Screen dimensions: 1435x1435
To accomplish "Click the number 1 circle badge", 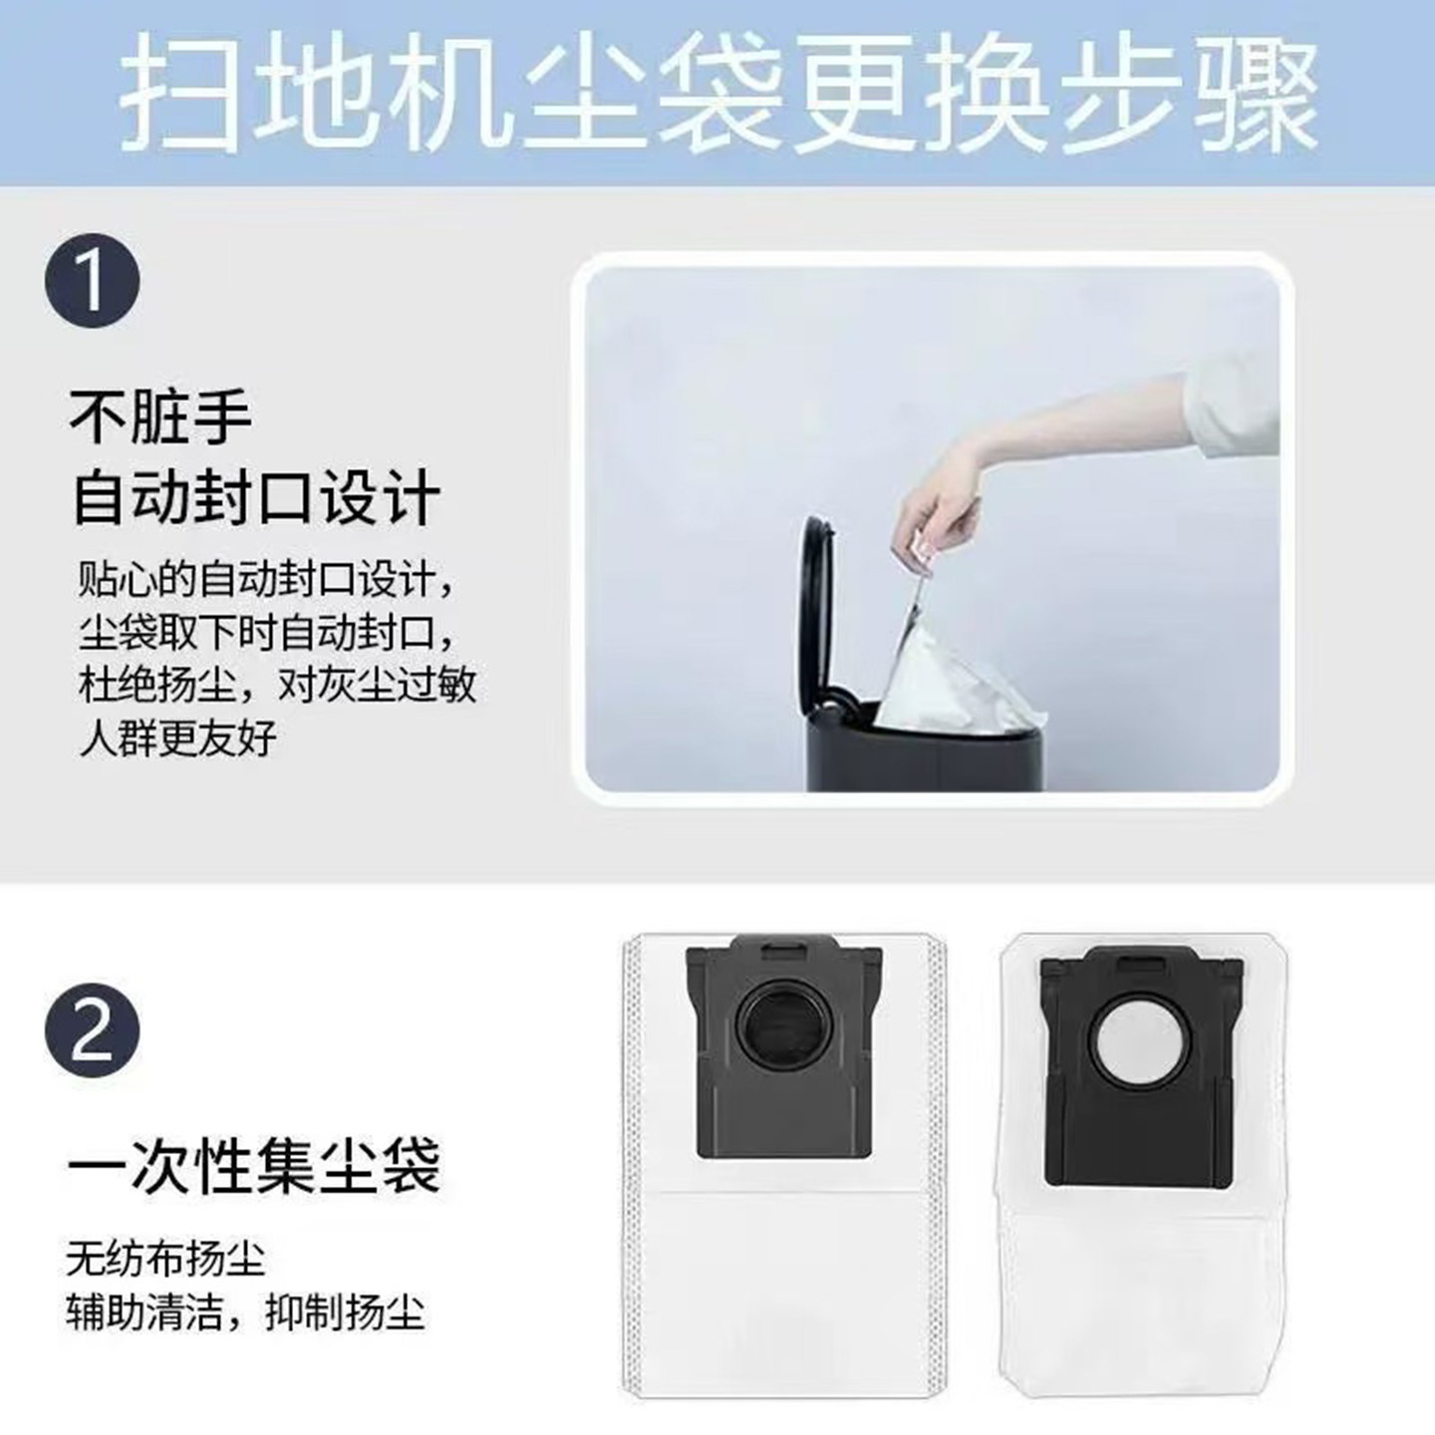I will tap(92, 280).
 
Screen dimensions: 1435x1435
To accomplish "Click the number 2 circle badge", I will tap(92, 1029).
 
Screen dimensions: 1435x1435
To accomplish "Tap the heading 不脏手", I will tap(159, 417).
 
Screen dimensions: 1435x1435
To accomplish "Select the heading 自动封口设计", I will tap(256, 497).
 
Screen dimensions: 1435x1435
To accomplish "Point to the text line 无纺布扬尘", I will tap(165, 1259).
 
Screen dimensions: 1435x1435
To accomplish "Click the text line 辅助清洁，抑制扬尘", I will tap(245, 1311).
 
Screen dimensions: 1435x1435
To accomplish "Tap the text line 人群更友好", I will tap(177, 738).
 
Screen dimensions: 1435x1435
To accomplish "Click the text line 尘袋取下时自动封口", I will tap(267, 633).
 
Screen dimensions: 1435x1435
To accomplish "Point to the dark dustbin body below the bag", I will tap(927, 757).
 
